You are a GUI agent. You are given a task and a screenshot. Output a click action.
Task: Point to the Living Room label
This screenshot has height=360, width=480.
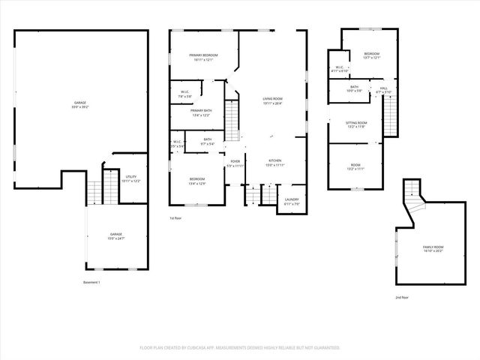[272, 101]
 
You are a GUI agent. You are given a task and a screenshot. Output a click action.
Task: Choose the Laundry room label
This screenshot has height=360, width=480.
[292, 202]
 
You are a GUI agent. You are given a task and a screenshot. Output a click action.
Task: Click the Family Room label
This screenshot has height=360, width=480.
[433, 249]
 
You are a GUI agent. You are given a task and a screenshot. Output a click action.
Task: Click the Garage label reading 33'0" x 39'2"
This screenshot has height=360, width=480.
[79, 104]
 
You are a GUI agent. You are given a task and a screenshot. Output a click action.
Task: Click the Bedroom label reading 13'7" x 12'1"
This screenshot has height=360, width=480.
[372, 55]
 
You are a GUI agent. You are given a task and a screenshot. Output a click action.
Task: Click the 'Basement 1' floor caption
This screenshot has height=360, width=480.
[91, 282]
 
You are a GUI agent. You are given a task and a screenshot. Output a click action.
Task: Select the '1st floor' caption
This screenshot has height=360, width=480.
[175, 218]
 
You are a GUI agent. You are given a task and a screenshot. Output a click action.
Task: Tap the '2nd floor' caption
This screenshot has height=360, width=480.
[402, 297]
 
